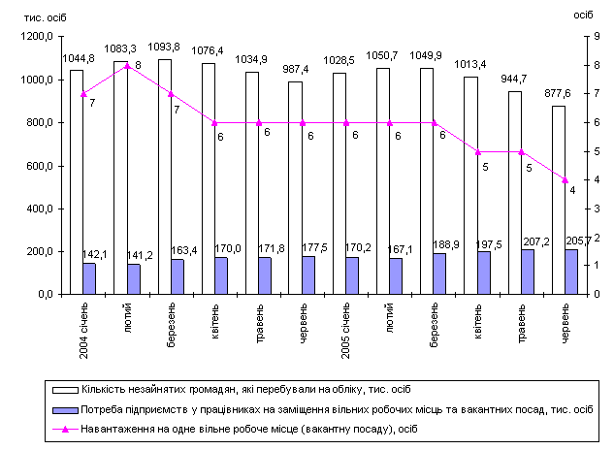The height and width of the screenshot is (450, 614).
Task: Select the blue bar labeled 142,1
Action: pyautogui.click(x=89, y=278)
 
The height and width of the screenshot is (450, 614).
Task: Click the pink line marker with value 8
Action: pyautogui.click(x=127, y=66)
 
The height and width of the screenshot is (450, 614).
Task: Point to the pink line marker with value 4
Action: pyautogui.click(x=565, y=180)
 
